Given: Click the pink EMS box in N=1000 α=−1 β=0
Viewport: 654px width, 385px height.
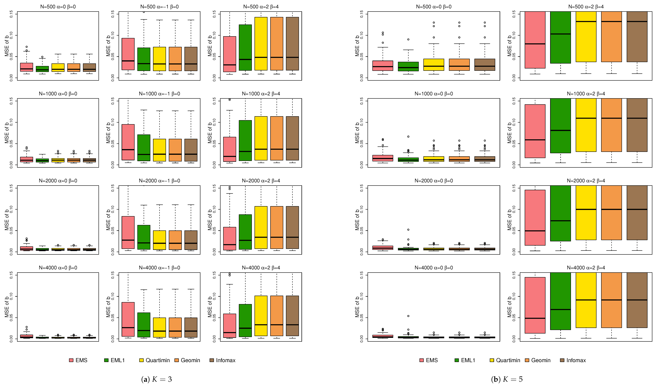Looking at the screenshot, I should point(128,142).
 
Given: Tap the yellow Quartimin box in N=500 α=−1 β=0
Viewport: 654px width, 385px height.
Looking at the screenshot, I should point(159,59).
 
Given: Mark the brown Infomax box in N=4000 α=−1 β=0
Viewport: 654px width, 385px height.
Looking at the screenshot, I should point(191,327).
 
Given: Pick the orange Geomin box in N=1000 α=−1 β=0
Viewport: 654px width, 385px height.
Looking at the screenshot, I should point(175,150).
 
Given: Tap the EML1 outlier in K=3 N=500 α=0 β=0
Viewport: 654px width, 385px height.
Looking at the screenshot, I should point(42,57).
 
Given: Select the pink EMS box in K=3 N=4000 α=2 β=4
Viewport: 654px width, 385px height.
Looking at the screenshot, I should point(229,326).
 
